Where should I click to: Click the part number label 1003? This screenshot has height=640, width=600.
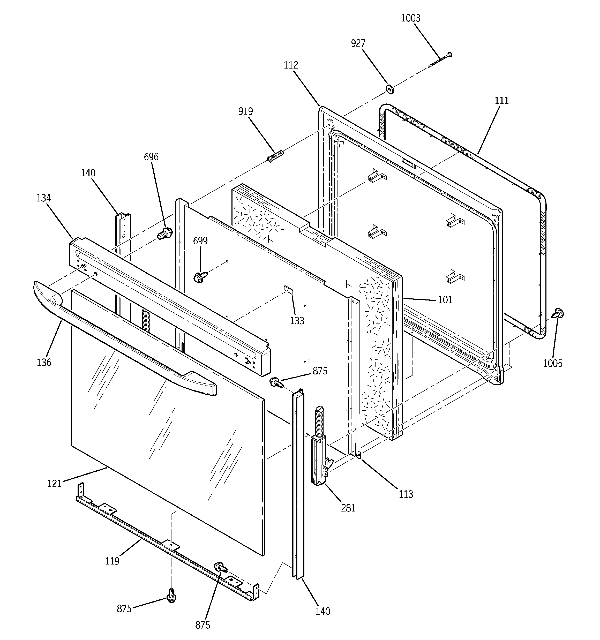tap(410, 18)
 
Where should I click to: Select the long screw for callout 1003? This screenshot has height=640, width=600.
tap(440, 60)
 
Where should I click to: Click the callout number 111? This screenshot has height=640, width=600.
tap(501, 101)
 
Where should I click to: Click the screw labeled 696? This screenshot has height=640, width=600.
tap(165, 232)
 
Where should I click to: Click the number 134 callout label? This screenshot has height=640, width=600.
tap(43, 198)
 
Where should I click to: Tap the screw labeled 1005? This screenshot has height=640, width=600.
tap(558, 313)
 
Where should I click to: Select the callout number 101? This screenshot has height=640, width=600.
tap(445, 300)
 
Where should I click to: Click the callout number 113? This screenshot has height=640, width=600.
tap(406, 494)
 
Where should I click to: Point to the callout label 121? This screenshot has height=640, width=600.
tap(54, 484)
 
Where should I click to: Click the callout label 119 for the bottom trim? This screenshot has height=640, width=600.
tap(112, 561)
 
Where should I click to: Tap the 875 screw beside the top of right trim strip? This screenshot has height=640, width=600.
tap(276, 382)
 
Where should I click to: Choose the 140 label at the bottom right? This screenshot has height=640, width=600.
tap(323, 611)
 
